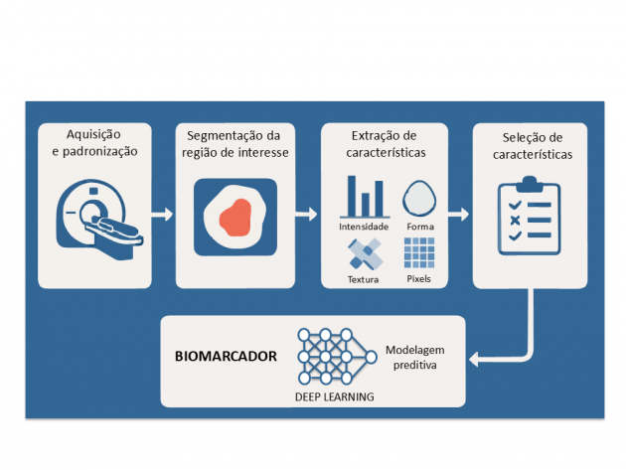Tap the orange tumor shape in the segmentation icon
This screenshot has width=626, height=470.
tap(235, 216)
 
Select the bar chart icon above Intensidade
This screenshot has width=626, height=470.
tap(364, 197)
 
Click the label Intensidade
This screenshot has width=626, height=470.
tap(363, 227)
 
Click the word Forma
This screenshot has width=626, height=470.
tap(419, 227)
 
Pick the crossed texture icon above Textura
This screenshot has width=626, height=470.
tap(364, 254)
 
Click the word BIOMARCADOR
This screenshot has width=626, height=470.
tap(225, 355)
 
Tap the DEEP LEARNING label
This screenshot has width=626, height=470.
tap(335, 396)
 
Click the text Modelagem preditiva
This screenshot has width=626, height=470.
tap(409, 358)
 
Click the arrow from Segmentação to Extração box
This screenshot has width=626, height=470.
tap(309, 214)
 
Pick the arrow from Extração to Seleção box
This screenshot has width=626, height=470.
tap(459, 214)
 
